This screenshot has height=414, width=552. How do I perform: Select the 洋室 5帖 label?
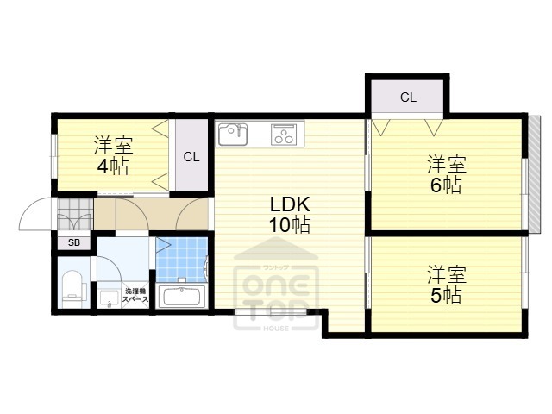(446, 285)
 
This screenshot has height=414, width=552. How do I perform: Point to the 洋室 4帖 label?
(112, 155)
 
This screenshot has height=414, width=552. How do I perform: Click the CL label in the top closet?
(408, 97)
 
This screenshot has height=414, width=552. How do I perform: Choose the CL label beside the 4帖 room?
(191, 157)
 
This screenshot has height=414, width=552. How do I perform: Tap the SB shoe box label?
(74, 242)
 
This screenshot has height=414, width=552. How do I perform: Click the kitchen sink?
(232, 135)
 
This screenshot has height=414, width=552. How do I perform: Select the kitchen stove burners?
(284, 135)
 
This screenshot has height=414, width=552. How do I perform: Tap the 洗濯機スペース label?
(135, 296)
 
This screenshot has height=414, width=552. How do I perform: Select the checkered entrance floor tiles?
(75, 214)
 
